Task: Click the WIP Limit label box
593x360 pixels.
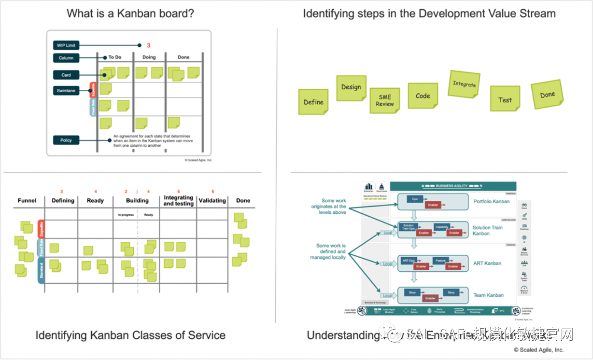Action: point(66,45)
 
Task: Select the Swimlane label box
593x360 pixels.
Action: point(66,91)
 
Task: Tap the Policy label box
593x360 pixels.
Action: point(66,140)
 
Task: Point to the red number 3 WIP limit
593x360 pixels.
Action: point(149,46)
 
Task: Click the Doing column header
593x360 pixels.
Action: point(149,57)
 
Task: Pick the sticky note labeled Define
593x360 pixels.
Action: point(313,102)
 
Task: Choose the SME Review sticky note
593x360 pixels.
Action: point(385,101)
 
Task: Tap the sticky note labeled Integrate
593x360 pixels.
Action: point(464,84)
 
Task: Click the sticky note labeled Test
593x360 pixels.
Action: point(505,99)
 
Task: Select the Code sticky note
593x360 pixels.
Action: point(423,96)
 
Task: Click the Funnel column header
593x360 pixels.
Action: point(27,201)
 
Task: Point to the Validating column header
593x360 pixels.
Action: point(212,201)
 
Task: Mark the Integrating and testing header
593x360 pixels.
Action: point(178,201)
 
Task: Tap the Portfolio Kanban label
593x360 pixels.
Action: point(491,202)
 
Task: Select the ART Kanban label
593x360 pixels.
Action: point(487,263)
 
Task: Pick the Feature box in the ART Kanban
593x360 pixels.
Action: point(440,260)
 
